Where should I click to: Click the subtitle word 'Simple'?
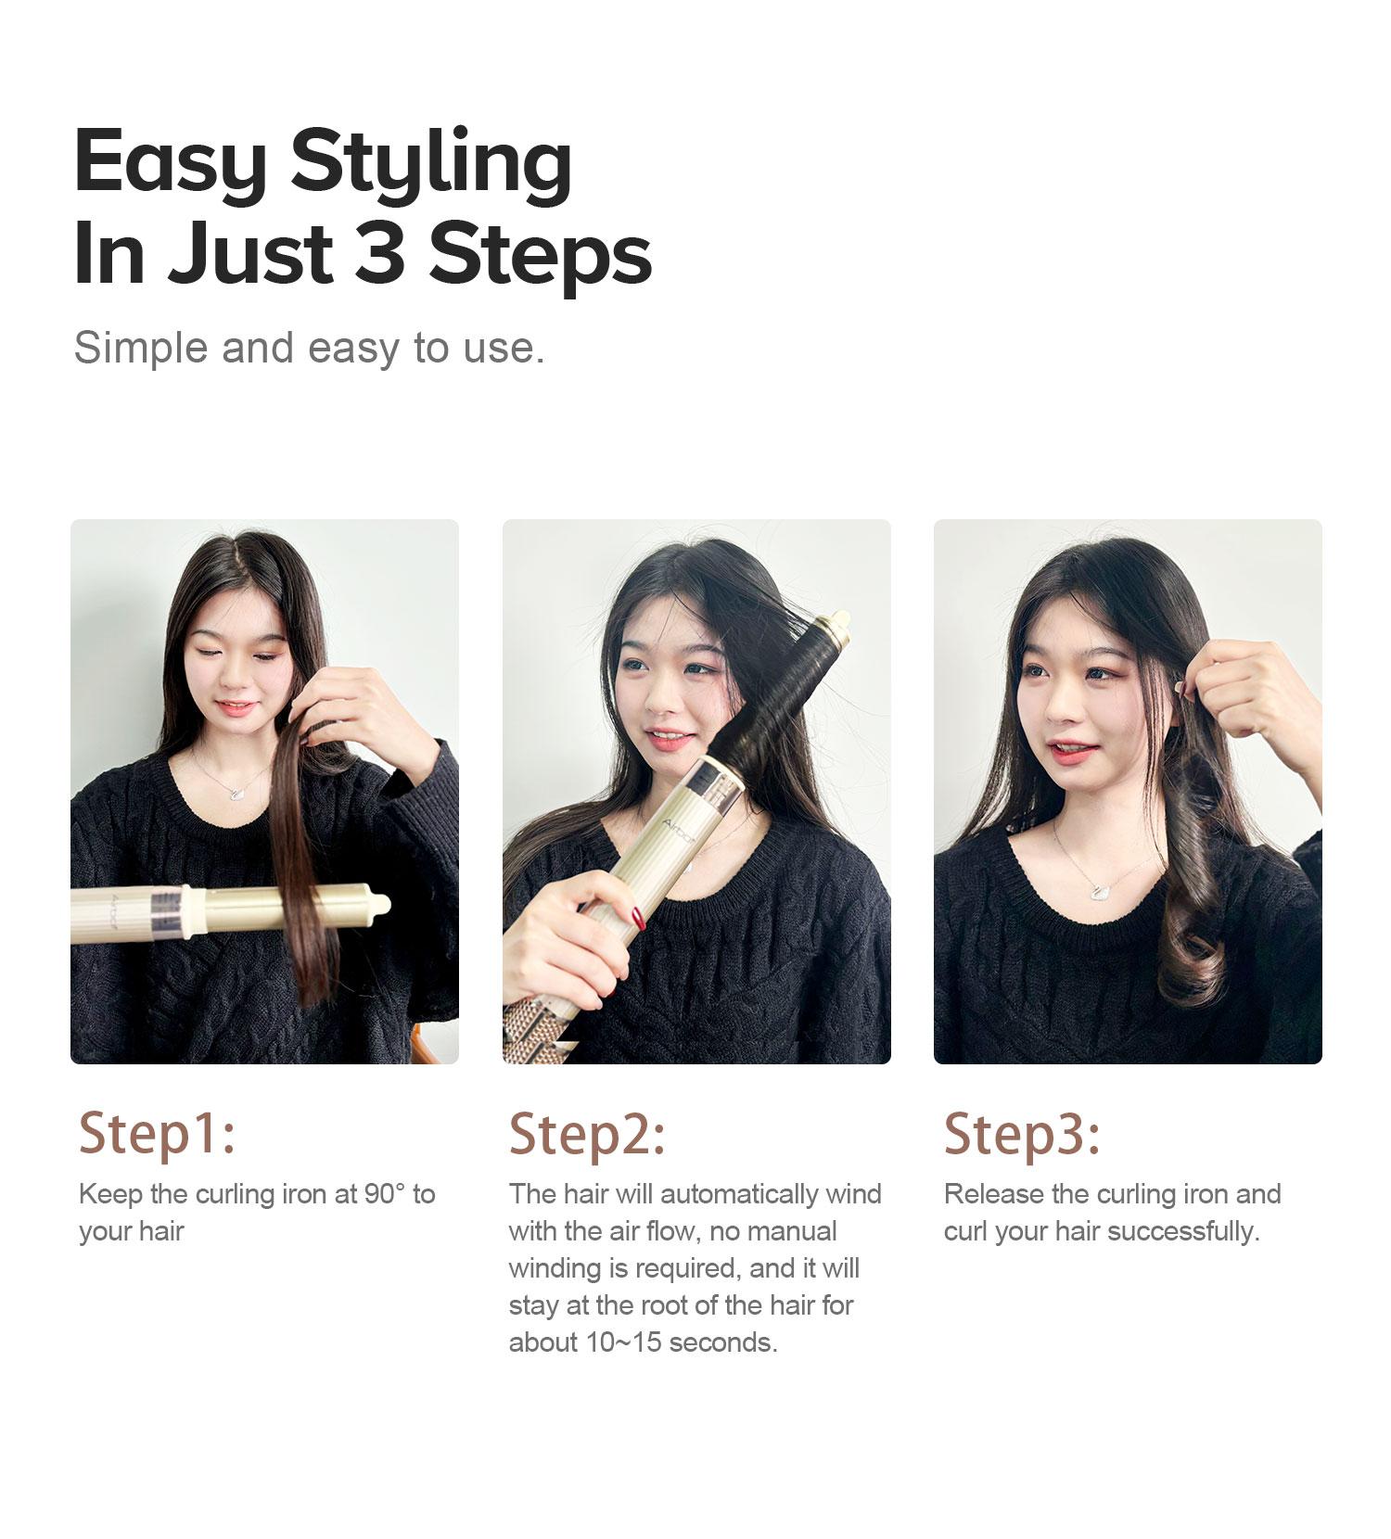click(140, 348)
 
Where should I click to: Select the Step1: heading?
click(157, 1133)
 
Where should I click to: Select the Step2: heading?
click(587, 1133)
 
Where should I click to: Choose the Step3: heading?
click(1021, 1133)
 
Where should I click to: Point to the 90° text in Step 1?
click(385, 1194)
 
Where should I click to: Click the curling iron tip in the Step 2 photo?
click(840, 618)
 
